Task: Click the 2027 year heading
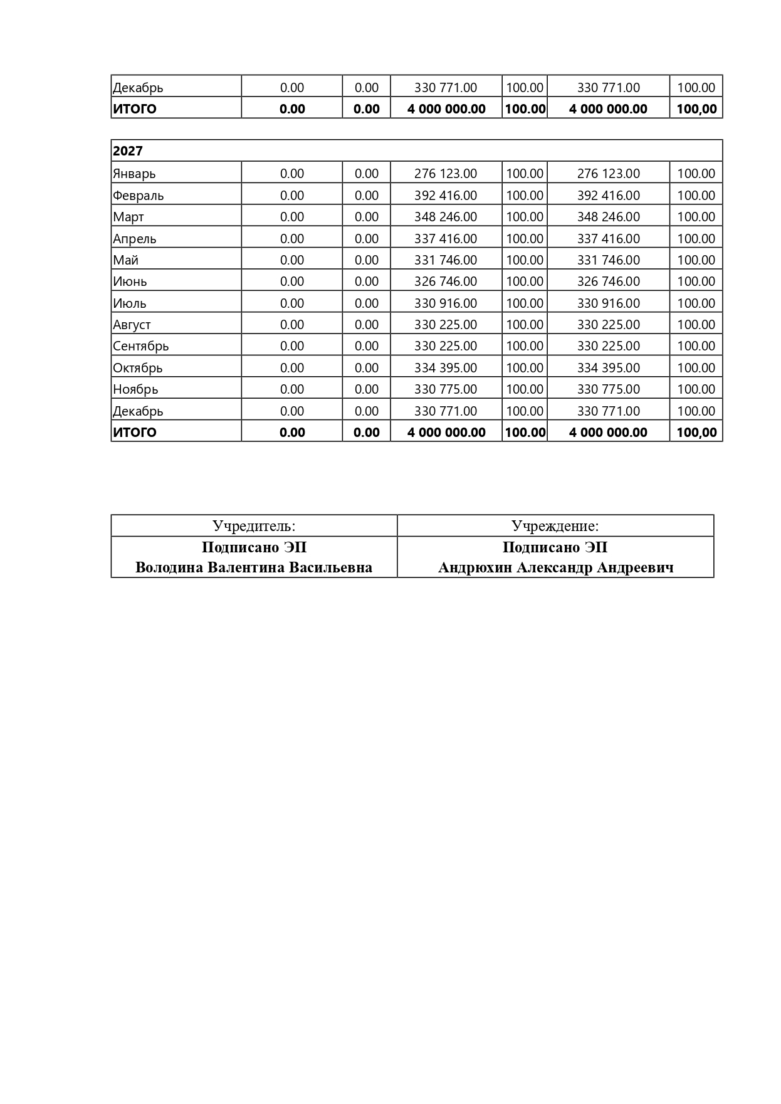pyautogui.click(x=128, y=151)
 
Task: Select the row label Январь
pyautogui.click(x=134, y=174)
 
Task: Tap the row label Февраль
pyautogui.click(x=138, y=196)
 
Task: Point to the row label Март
pyautogui.click(x=128, y=217)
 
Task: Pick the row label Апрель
pyautogui.click(x=134, y=239)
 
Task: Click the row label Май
pyautogui.click(x=125, y=260)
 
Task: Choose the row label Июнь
pyautogui.click(x=130, y=281)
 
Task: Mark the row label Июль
pyautogui.click(x=130, y=303)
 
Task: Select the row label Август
pyautogui.click(x=132, y=325)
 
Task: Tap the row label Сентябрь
pyautogui.click(x=140, y=346)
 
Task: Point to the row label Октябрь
pyautogui.click(x=137, y=368)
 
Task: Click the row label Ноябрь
pyautogui.click(x=135, y=389)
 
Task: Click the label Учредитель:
pyautogui.click(x=254, y=526)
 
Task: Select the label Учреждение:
pyautogui.click(x=555, y=526)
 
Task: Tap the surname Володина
pyautogui.click(x=169, y=568)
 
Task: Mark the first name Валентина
pyautogui.click(x=245, y=568)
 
